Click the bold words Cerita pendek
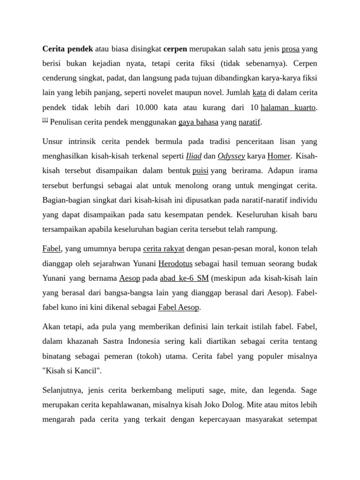[67, 48]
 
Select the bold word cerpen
[175, 48]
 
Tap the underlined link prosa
[291, 48]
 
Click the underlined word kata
[259, 92]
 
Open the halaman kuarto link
[288, 107]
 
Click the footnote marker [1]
[45, 120]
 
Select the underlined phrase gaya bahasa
[198, 122]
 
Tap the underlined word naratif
[249, 122]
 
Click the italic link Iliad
[194, 156]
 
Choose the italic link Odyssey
[231, 156]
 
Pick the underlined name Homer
[279, 156]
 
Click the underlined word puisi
[200, 171]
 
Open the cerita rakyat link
[164, 248]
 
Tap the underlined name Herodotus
[175, 263]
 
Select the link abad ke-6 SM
[184, 278]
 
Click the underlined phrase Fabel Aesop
[179, 307]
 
